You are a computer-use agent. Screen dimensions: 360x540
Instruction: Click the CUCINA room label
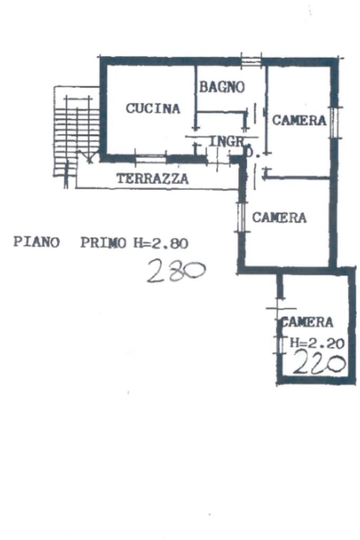click(153, 109)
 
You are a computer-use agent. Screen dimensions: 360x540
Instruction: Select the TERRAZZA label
click(152, 179)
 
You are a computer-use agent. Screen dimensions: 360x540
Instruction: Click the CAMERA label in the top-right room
click(299, 121)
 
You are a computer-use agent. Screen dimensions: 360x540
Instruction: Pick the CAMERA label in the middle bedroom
click(279, 217)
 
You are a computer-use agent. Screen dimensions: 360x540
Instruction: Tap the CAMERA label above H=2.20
click(308, 322)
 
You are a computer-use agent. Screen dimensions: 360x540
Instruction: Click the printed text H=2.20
click(317, 343)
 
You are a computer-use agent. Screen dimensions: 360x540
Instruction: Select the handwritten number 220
click(318, 363)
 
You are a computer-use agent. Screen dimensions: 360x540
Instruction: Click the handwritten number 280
click(176, 271)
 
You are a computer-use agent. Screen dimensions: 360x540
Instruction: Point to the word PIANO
click(36, 243)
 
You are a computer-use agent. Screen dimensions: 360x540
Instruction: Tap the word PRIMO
click(103, 243)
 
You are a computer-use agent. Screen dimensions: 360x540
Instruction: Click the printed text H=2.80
click(160, 243)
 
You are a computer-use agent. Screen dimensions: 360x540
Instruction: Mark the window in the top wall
click(251, 61)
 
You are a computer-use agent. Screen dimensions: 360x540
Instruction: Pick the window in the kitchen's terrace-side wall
click(150, 158)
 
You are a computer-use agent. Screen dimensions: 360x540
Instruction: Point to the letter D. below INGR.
click(251, 155)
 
